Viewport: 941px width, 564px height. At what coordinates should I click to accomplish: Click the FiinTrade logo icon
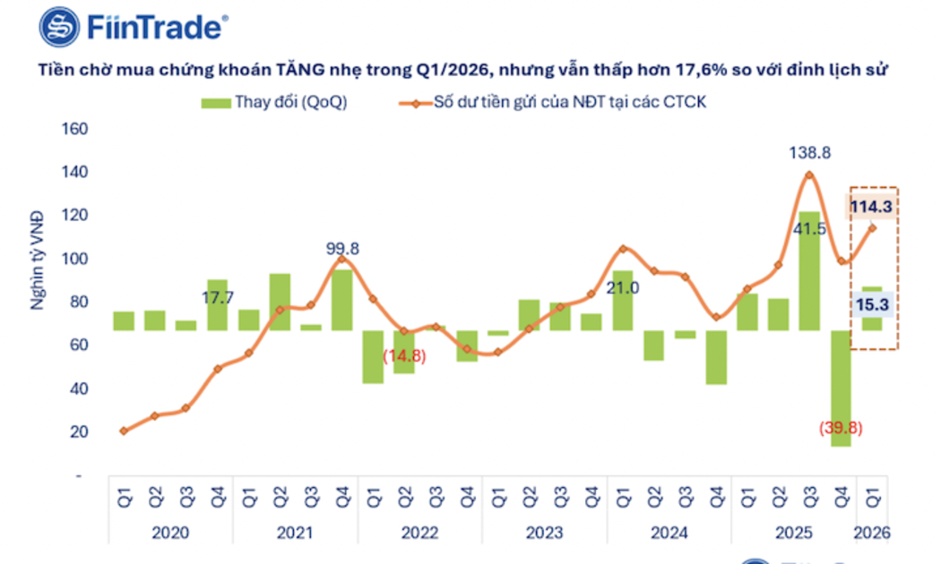click(60, 27)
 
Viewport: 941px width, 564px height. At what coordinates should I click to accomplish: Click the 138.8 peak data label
click(810, 153)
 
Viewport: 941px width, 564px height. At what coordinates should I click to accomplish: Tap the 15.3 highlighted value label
click(871, 305)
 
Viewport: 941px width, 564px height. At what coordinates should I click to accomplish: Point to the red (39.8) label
click(840, 428)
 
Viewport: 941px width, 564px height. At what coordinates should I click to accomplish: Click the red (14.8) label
click(405, 355)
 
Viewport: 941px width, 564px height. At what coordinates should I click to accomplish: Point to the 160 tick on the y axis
click(75, 129)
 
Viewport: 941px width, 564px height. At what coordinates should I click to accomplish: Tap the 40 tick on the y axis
click(79, 389)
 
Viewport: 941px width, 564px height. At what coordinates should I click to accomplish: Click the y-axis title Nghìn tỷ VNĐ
click(38, 259)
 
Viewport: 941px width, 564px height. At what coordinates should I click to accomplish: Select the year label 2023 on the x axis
click(544, 533)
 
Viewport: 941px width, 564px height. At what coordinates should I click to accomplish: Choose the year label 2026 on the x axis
click(872, 533)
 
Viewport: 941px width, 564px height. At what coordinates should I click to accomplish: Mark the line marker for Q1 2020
click(123, 431)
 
